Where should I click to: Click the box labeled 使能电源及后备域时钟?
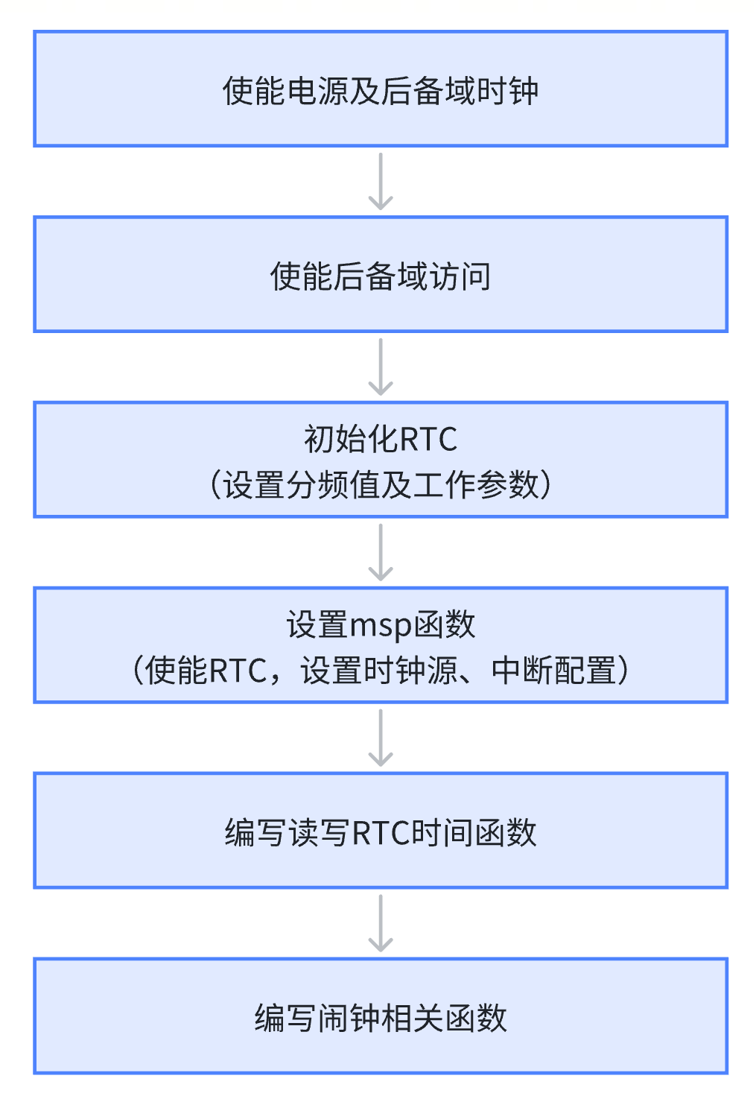pyautogui.click(x=380, y=89)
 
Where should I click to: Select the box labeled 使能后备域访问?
pyautogui.click(x=380, y=274)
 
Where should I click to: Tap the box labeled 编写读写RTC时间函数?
pyautogui.click(x=380, y=831)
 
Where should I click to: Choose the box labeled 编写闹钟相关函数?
pyautogui.click(x=380, y=1016)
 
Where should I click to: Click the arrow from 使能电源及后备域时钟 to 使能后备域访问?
pyautogui.click(x=381, y=181)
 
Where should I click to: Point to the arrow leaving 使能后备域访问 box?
pyautogui.click(x=381, y=367)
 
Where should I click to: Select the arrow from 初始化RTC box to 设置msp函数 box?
pyautogui.click(x=381, y=552)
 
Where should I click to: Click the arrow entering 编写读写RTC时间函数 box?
pyautogui.click(x=381, y=738)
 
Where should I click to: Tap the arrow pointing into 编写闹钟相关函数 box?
pyautogui.click(x=381, y=923)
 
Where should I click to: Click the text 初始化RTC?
pyautogui.click(x=380, y=439)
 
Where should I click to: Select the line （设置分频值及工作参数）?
pyautogui.click(x=380, y=484)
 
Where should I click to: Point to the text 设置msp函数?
pyautogui.click(x=380, y=624)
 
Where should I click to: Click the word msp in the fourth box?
pyautogui.click(x=381, y=626)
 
